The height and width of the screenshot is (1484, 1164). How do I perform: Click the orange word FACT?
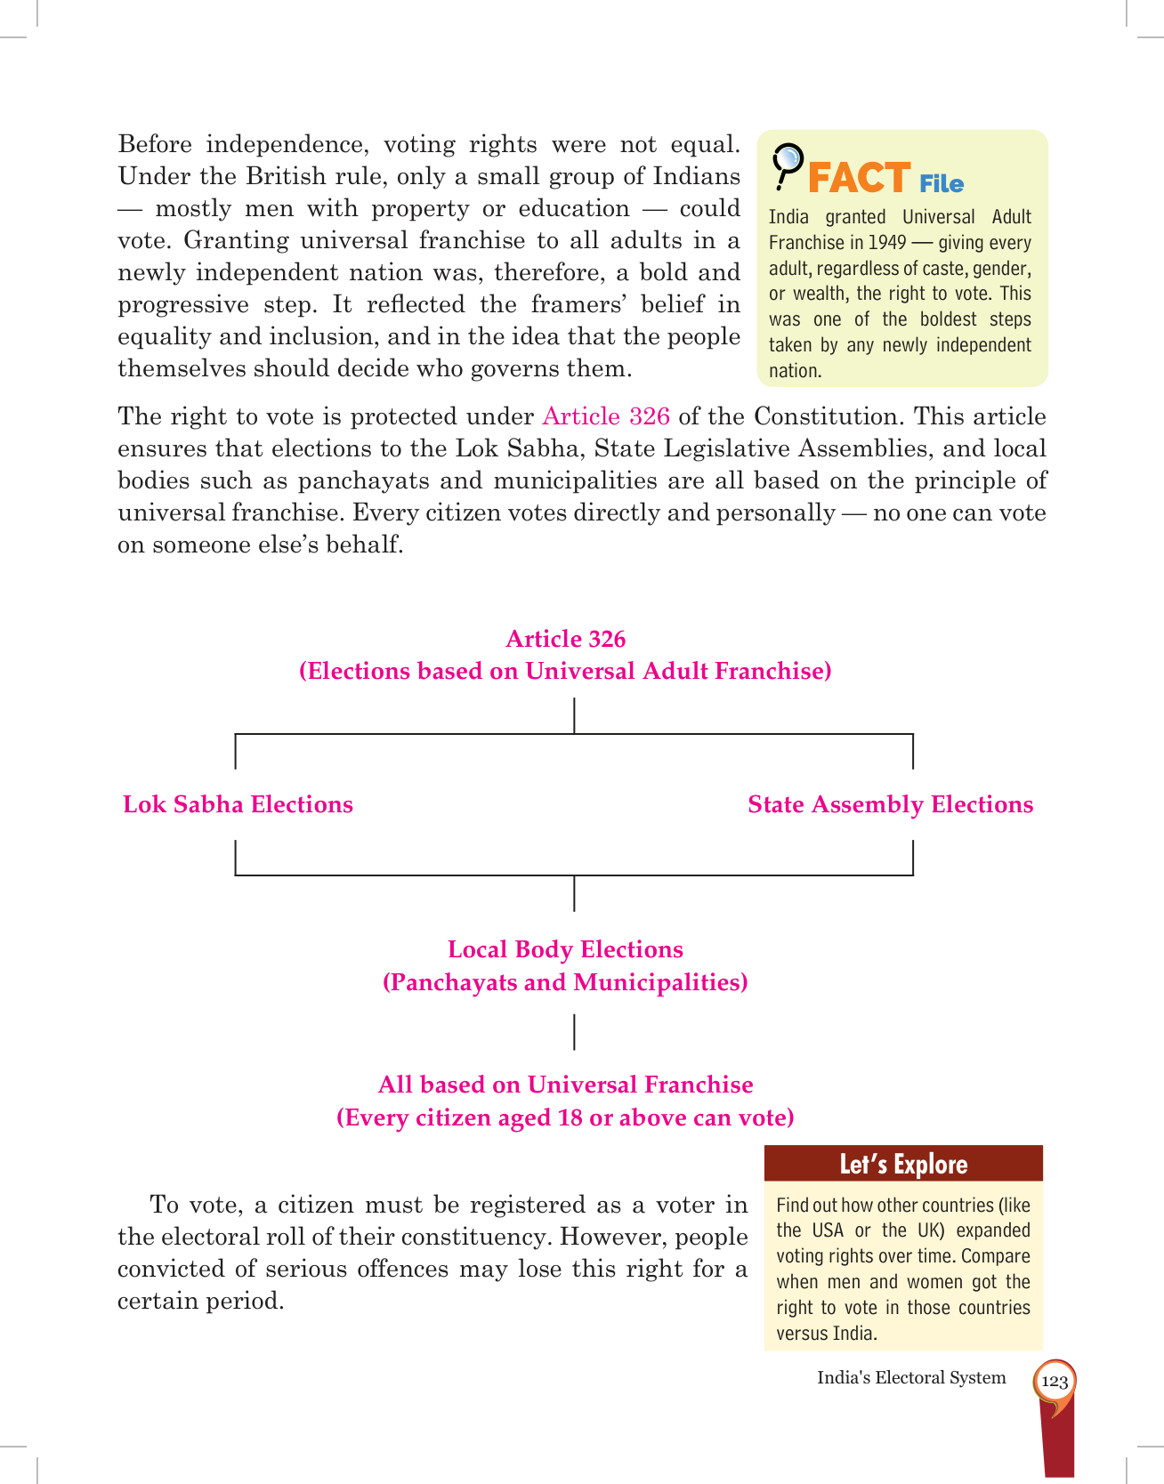click(858, 178)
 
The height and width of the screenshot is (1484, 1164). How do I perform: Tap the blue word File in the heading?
click(942, 184)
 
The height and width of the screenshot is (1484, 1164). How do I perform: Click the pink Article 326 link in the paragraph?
click(605, 416)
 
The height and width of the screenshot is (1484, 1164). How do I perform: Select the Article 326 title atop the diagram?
click(565, 639)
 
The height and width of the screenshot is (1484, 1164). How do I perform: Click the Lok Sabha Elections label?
click(238, 804)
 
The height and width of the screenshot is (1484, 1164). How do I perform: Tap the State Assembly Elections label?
click(890, 804)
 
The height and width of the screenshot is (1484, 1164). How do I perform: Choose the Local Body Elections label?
click(565, 949)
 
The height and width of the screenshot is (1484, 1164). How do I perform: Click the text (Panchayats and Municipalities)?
click(565, 982)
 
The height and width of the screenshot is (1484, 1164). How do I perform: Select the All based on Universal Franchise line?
click(565, 1085)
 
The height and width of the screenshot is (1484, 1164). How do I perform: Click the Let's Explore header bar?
click(903, 1164)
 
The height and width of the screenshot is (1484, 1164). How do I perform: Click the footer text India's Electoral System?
click(911, 1377)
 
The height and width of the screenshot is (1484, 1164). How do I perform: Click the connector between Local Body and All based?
click(574, 1032)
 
